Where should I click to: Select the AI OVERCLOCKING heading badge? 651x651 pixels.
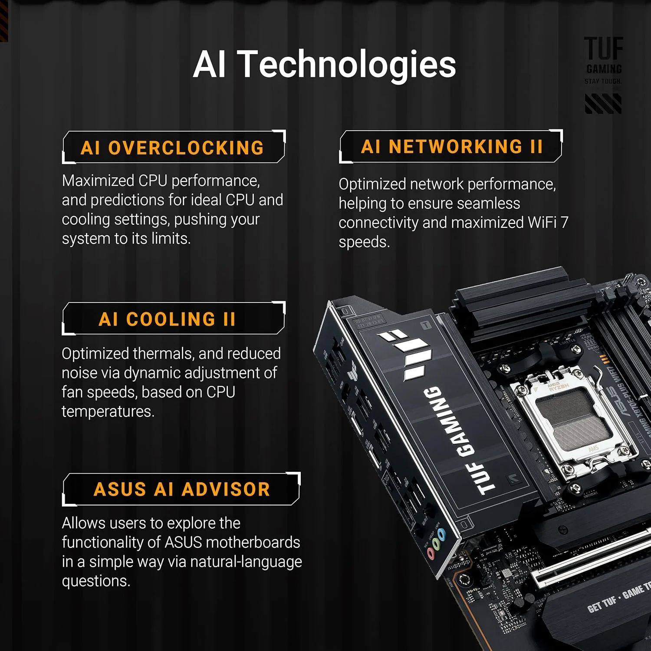[172, 148]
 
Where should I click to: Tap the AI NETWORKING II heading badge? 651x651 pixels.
[451, 146]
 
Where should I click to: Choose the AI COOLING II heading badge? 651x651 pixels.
[167, 319]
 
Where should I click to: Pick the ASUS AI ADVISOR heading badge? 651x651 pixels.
[181, 489]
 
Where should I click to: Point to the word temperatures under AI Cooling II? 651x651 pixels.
[108, 411]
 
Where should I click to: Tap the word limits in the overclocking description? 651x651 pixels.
[171, 239]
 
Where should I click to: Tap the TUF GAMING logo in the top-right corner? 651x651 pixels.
[603, 61]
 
